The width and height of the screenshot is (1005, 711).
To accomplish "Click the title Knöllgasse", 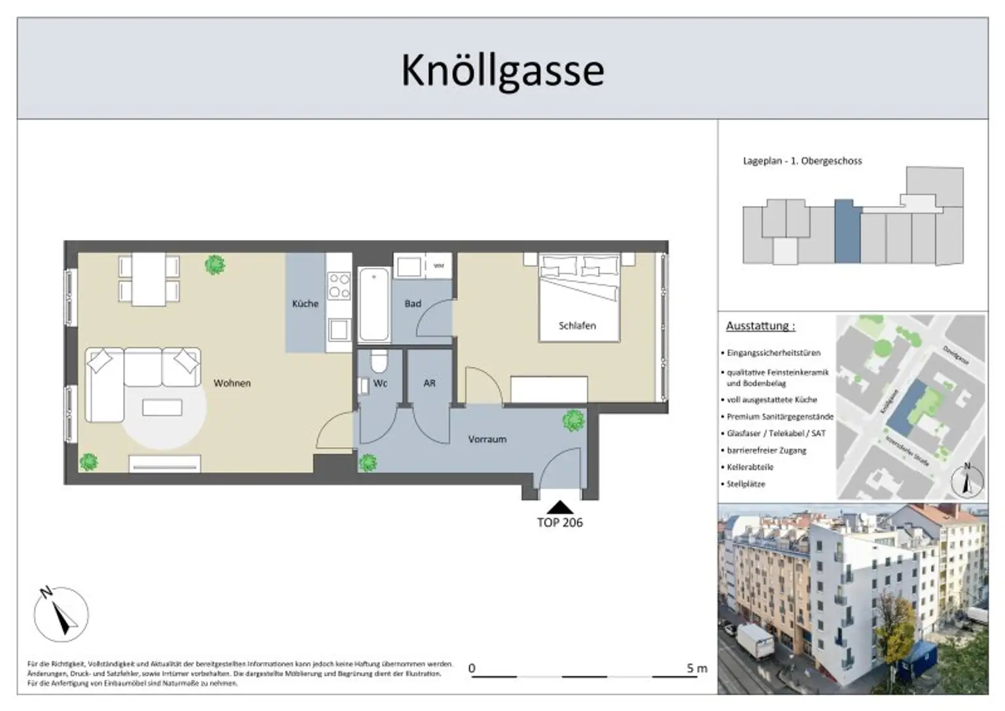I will click(x=502, y=70).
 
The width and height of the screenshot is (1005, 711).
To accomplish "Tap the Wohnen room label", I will click(x=232, y=383).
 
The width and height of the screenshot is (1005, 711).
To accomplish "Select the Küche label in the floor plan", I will click(x=305, y=303).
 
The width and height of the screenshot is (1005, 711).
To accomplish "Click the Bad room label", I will click(x=412, y=303).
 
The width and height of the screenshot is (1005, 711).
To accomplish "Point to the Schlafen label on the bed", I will click(x=577, y=325).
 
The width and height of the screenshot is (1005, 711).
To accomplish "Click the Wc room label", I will click(x=380, y=383).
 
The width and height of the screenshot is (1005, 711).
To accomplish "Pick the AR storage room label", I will click(x=429, y=383).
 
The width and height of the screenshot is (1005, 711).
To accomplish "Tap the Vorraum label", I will click(x=487, y=440).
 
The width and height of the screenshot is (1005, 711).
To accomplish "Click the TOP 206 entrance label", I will click(x=559, y=523).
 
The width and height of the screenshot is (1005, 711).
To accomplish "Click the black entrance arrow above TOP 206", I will click(x=559, y=508).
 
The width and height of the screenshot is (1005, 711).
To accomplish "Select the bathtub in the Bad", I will click(x=374, y=304).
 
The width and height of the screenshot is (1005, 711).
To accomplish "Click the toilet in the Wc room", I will click(x=378, y=361).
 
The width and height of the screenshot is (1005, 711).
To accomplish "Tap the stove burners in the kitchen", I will click(x=339, y=286).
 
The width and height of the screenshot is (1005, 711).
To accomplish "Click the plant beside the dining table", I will click(x=215, y=265).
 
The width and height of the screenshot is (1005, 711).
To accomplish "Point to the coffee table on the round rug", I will click(x=162, y=408).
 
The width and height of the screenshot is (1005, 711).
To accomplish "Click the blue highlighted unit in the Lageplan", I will click(x=843, y=232).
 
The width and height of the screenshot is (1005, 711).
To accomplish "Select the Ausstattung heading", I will click(x=760, y=326).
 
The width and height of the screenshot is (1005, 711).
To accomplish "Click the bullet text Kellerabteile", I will click(x=750, y=467).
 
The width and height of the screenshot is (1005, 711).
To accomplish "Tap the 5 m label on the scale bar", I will click(x=697, y=668).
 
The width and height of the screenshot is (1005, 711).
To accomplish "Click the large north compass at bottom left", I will click(x=61, y=614).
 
